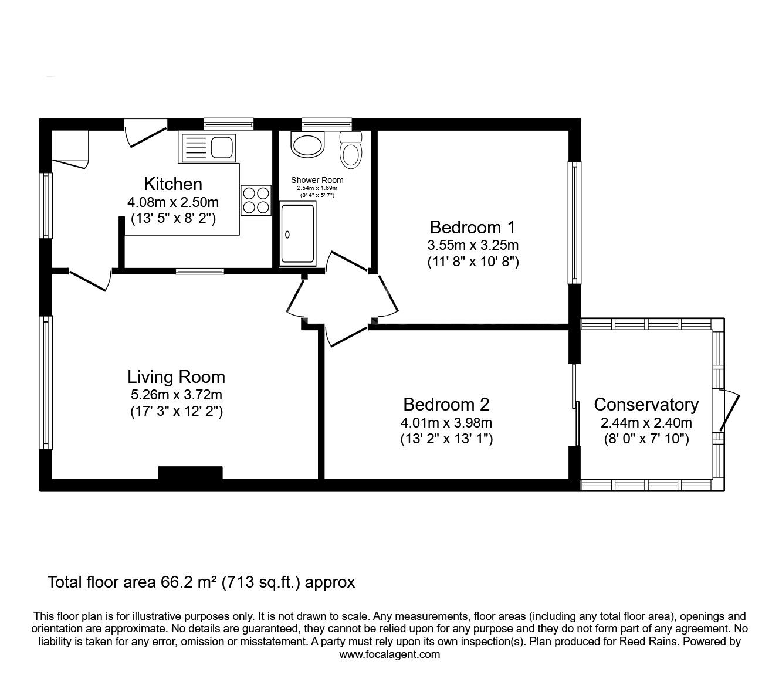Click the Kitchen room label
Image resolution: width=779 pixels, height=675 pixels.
coord(173,184)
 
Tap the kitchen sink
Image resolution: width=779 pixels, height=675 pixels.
coord(208,147)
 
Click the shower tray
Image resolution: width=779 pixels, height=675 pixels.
coord(297,233)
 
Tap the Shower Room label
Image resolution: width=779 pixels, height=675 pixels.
coord(317,180)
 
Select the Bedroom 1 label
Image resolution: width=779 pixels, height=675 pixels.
coord(473,227)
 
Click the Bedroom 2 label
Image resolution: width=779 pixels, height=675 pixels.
coord(446,404)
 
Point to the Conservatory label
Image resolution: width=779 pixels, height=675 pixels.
coord(646,405)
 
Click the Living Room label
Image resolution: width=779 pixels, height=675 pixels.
coord(176,376)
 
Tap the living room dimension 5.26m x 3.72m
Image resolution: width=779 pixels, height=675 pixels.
coord(176,395)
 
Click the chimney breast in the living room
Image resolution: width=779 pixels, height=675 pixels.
coord(190,473)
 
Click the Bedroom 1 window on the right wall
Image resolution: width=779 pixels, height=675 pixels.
coord(574,223)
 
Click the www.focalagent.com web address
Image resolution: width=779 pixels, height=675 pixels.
coord(389,654)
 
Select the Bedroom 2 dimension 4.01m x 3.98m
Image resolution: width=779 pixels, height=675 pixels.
coord(446,422)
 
